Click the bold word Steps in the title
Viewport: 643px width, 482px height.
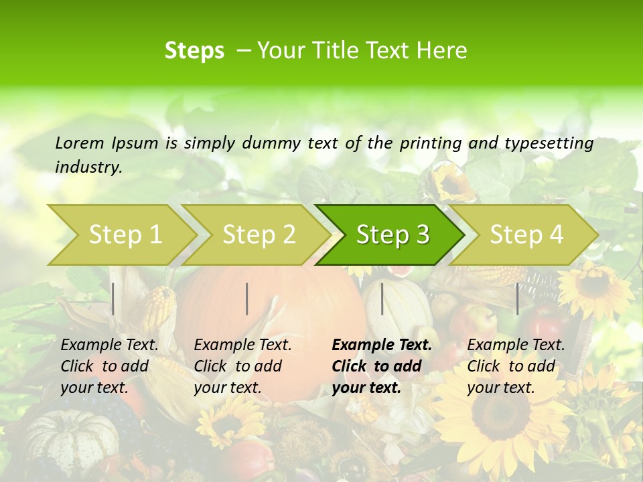click(x=194, y=51)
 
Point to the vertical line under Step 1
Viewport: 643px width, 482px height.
click(x=113, y=299)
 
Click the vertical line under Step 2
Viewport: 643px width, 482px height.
click(x=247, y=299)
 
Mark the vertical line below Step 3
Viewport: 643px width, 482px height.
click(x=382, y=299)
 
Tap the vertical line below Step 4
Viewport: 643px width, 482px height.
click(x=517, y=299)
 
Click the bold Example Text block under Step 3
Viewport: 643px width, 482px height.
click(x=382, y=366)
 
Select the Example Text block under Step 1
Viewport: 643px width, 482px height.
click(x=109, y=366)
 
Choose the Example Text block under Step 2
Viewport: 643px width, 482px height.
click(x=242, y=366)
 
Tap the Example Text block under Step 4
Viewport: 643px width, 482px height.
click(x=516, y=366)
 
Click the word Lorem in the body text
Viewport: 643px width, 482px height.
click(x=80, y=143)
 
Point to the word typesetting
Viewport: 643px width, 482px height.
click(x=549, y=143)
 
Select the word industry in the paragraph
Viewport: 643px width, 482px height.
click(x=88, y=167)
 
